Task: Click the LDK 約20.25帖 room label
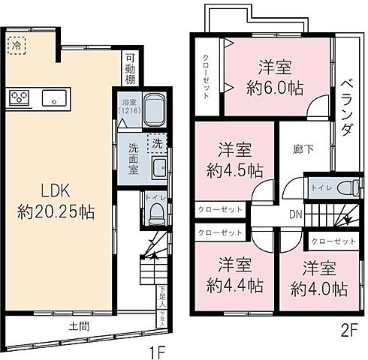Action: (x=56, y=199)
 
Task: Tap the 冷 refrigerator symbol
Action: (x=16, y=45)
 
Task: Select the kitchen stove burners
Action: (x=19, y=97)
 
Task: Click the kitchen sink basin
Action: (x=53, y=97)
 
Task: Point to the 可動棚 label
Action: (x=130, y=67)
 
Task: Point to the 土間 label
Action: (x=80, y=325)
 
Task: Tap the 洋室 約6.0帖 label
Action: (x=275, y=76)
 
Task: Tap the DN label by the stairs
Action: (x=297, y=213)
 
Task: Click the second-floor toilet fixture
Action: (x=346, y=185)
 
